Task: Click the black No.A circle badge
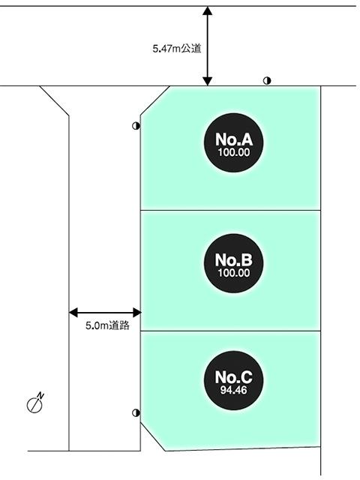tap(232, 143)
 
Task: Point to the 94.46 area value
tap(232, 391)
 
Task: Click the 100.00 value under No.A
tap(232, 151)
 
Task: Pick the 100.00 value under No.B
tap(232, 272)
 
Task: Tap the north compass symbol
tap(35, 403)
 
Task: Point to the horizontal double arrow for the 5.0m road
tap(105, 311)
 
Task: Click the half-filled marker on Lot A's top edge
tap(267, 81)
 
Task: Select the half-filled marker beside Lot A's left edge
tap(136, 126)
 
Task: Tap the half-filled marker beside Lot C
tap(136, 412)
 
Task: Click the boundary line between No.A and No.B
tap(232, 211)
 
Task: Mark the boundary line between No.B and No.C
tap(232, 331)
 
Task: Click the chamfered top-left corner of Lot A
tap(156, 100)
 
